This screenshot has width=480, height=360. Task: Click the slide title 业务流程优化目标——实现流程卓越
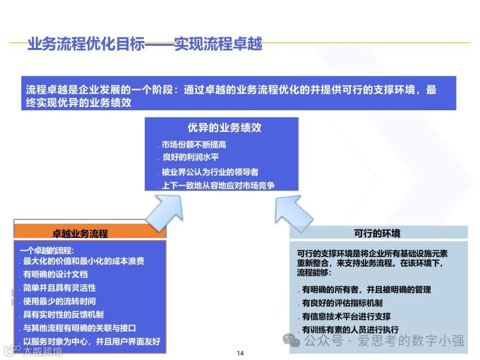tap(145, 44)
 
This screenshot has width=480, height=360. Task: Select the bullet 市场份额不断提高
tap(194, 145)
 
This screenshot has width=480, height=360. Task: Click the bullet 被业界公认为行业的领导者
tap(210, 172)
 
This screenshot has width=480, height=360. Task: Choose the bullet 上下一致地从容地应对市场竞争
tap(218, 185)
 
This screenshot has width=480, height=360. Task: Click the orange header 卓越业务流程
tap(80, 233)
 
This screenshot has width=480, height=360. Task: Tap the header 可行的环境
tap(377, 233)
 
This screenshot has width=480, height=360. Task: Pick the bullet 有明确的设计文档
tap(56, 274)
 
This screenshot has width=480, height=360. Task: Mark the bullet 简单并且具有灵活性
tap(60, 288)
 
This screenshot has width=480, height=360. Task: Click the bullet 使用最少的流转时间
tap(60, 301)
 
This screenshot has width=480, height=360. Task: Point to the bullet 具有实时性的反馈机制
tap(64, 315)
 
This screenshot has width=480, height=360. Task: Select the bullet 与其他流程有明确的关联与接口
tap(80, 328)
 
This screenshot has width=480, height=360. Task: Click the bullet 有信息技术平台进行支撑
tap(346, 317)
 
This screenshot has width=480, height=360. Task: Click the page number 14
tap(240, 353)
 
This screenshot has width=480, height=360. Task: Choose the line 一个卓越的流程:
tap(44, 251)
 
